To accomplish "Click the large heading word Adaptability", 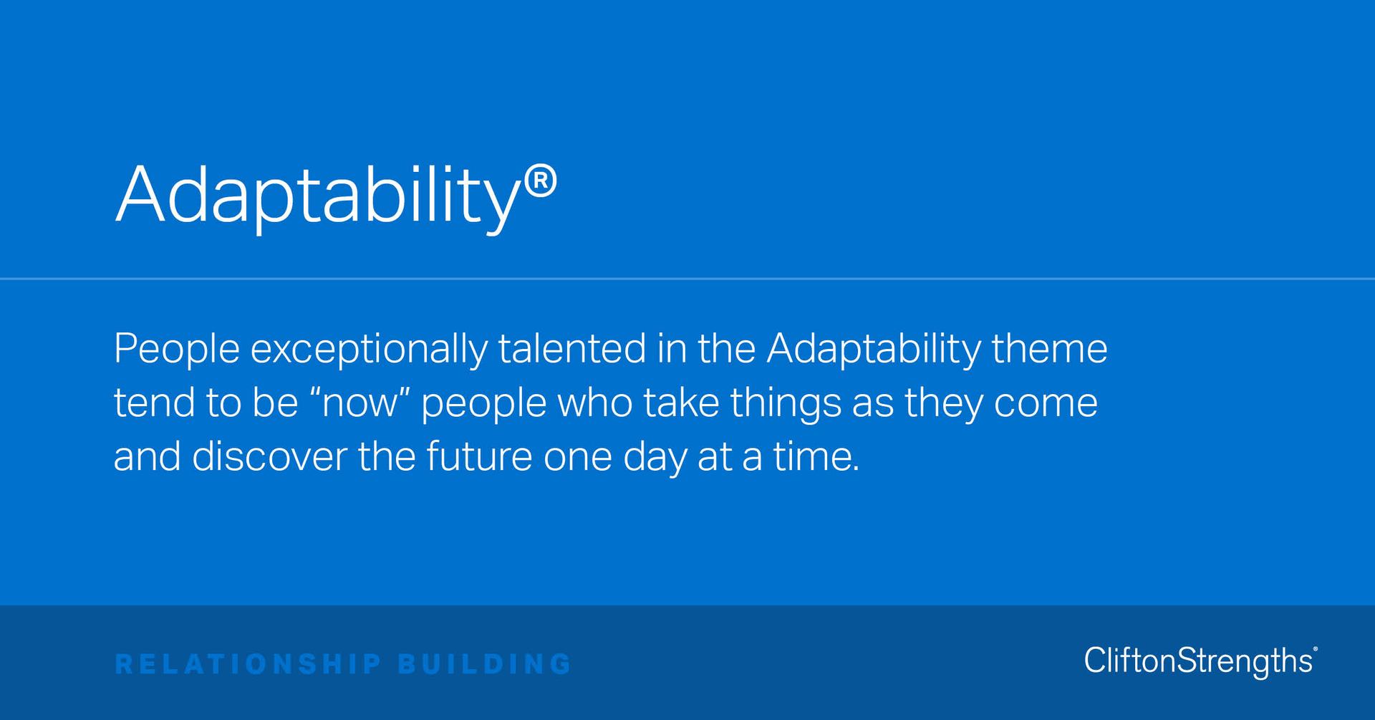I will point(315,196).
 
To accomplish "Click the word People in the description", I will point(176,349).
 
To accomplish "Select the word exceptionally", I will point(369,349).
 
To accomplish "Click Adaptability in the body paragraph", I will point(873,349).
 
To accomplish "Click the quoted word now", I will point(360,403).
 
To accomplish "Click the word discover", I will point(269,457).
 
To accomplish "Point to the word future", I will point(479,457).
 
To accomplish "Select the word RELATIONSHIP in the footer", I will point(248,664).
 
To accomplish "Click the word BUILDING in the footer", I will point(484,664).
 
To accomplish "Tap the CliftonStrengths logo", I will point(1200,661).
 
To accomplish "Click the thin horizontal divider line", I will point(687,279).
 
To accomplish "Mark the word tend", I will point(154,403).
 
